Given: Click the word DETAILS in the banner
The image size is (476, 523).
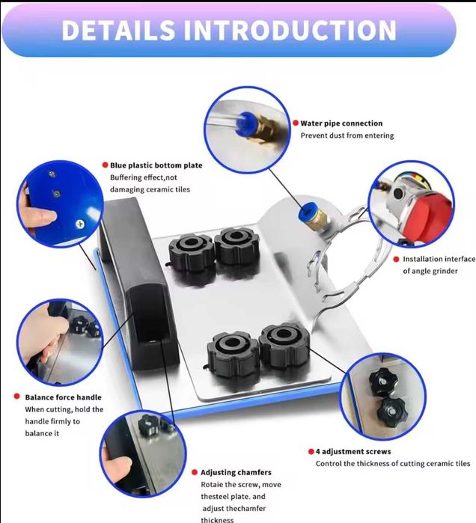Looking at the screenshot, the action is coord(118,30).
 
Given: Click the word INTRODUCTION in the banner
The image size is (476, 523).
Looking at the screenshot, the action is coord(290,30).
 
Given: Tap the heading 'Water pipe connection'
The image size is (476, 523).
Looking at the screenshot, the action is coord(341,123).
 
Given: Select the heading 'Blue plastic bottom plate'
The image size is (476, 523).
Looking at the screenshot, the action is coord(156,165).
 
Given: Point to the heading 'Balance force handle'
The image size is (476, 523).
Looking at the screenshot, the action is coord(63,397).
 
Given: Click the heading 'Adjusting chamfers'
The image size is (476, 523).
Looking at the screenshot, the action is coord(236,473).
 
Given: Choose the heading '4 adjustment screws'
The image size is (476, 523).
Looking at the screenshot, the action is coord(353,452).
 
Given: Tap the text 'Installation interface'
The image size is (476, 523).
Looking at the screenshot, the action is coord(439,259).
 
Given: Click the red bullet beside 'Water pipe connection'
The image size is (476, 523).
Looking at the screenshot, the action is coord(296,123).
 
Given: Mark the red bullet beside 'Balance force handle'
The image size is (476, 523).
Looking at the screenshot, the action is coord(16,397).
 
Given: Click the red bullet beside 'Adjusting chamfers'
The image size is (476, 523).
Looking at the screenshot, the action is coord(195,472).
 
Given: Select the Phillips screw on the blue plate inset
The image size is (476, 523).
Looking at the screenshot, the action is coord(80,224).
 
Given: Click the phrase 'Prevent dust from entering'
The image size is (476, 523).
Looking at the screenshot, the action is coord(347,135).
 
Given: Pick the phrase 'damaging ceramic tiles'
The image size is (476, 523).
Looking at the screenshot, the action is coord(150,189).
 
